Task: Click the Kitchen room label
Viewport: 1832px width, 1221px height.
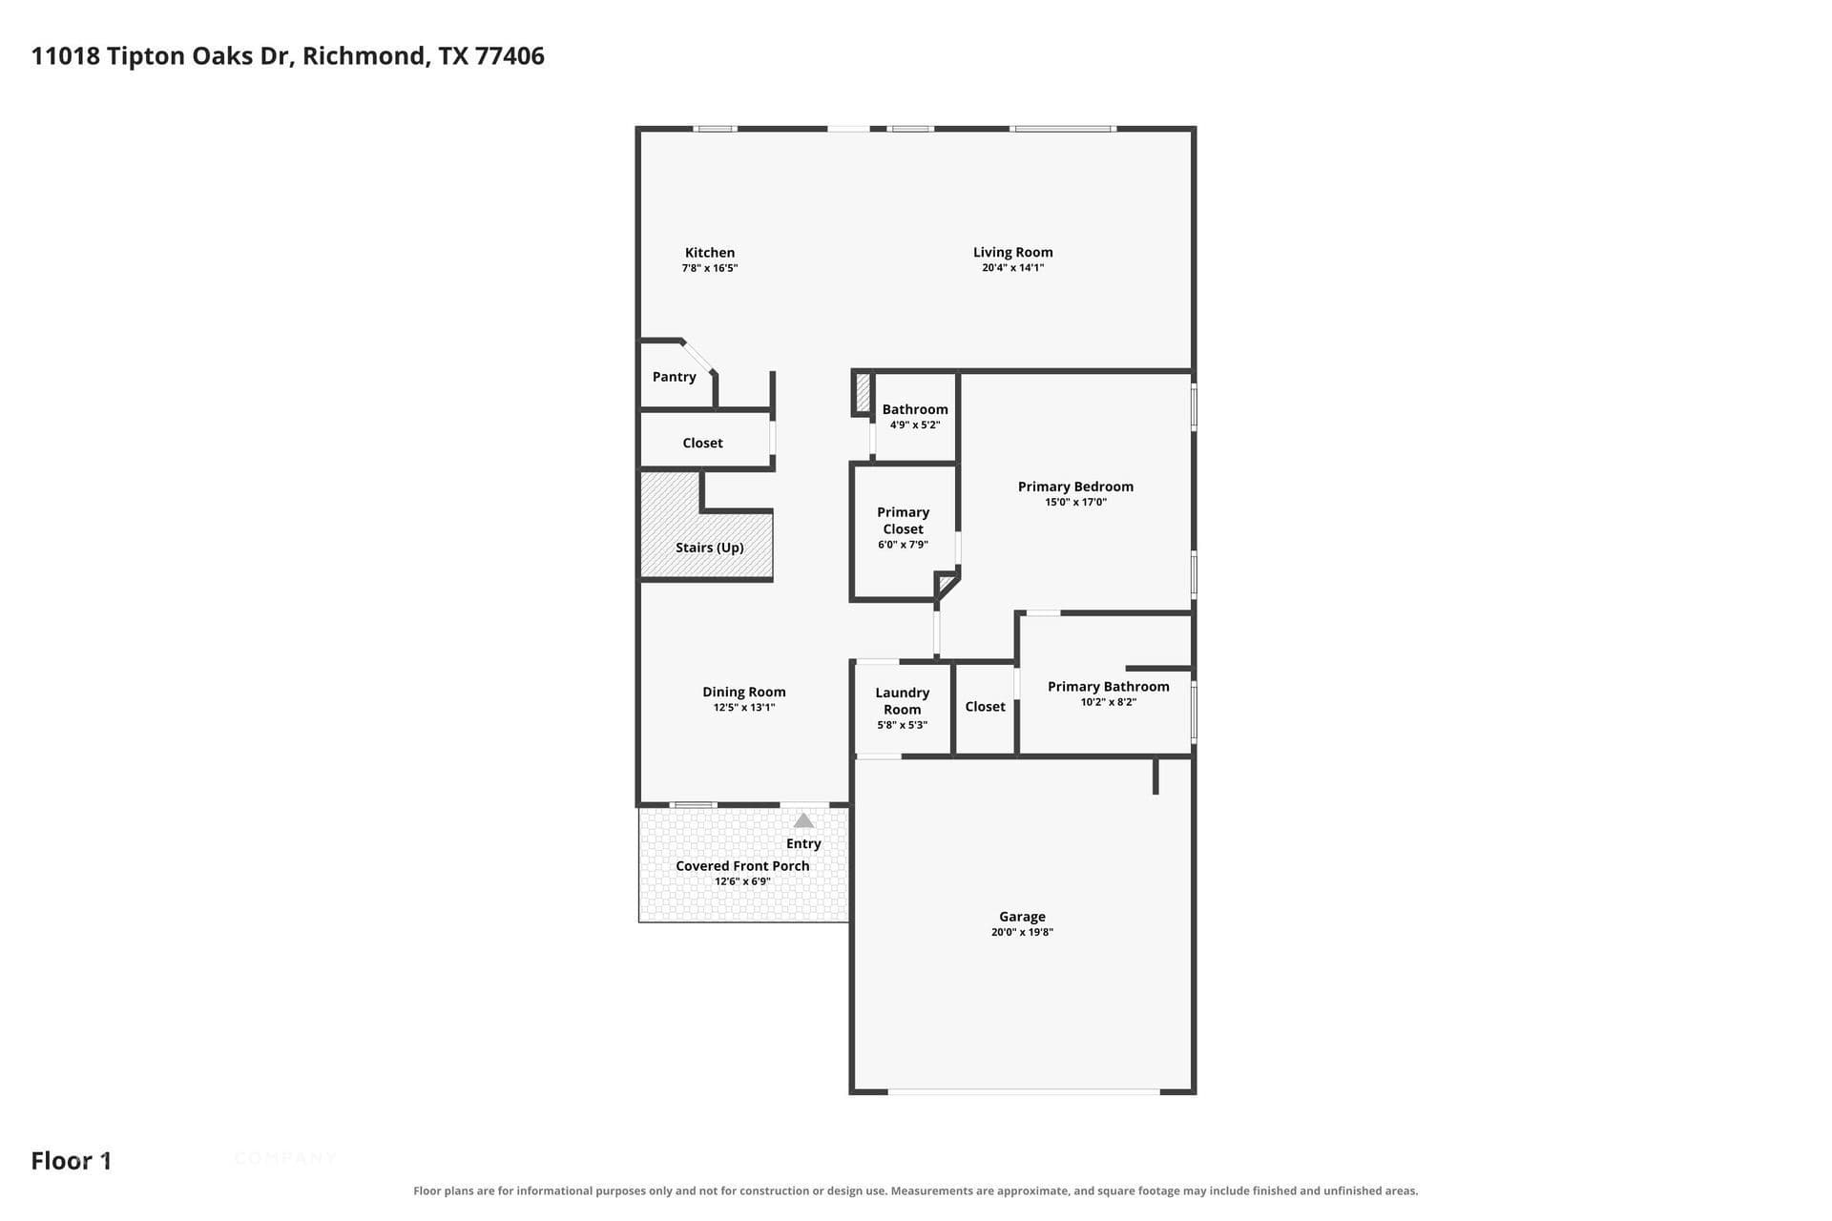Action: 710,253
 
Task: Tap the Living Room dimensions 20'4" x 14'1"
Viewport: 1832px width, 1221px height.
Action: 1012,268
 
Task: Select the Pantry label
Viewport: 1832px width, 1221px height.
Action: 674,377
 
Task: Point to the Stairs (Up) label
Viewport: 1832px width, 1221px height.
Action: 709,548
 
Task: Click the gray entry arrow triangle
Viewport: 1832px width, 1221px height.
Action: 803,820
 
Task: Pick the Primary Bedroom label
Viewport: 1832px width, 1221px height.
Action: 1075,486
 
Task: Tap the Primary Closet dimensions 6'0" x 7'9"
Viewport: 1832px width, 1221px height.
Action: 903,545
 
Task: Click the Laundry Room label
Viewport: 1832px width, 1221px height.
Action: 902,701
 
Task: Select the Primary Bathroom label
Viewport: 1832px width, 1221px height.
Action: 1108,687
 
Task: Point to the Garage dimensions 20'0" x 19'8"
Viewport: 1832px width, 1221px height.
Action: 1022,932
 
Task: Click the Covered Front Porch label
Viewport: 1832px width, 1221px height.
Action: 742,866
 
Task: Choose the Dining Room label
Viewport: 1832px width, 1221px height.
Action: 743,693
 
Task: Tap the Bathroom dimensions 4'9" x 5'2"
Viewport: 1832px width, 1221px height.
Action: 915,424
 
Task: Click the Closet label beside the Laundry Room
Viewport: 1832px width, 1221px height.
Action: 985,707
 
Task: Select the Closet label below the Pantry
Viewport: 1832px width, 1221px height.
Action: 702,443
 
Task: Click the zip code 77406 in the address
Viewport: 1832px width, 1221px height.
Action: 510,56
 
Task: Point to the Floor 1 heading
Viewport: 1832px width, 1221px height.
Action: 72,1161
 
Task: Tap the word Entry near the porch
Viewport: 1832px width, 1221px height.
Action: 803,843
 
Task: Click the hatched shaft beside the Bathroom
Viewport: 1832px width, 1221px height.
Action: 863,392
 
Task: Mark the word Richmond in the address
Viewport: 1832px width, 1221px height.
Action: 364,56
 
